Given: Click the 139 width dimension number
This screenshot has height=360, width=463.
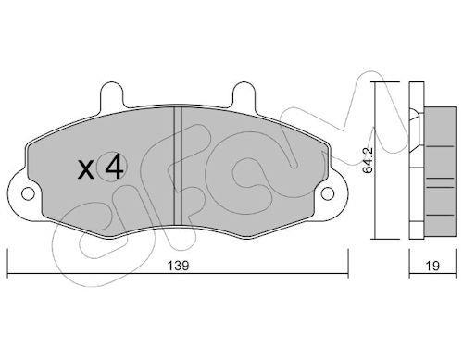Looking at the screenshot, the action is click(x=178, y=266).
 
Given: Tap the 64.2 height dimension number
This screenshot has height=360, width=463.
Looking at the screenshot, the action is click(x=368, y=160).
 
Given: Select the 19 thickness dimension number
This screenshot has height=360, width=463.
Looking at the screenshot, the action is click(x=432, y=266).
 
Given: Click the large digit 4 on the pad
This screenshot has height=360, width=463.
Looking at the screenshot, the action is click(x=114, y=167).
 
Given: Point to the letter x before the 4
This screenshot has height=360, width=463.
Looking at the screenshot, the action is click(x=85, y=170).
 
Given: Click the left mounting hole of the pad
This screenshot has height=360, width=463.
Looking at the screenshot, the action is click(x=28, y=193).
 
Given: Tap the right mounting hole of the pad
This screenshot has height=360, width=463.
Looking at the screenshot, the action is click(x=328, y=193).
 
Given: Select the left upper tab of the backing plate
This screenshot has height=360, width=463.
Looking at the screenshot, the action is click(x=112, y=94).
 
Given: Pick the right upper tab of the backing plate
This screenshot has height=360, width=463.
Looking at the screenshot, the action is click(x=244, y=94).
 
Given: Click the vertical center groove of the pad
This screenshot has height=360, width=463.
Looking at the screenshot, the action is click(x=178, y=166).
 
